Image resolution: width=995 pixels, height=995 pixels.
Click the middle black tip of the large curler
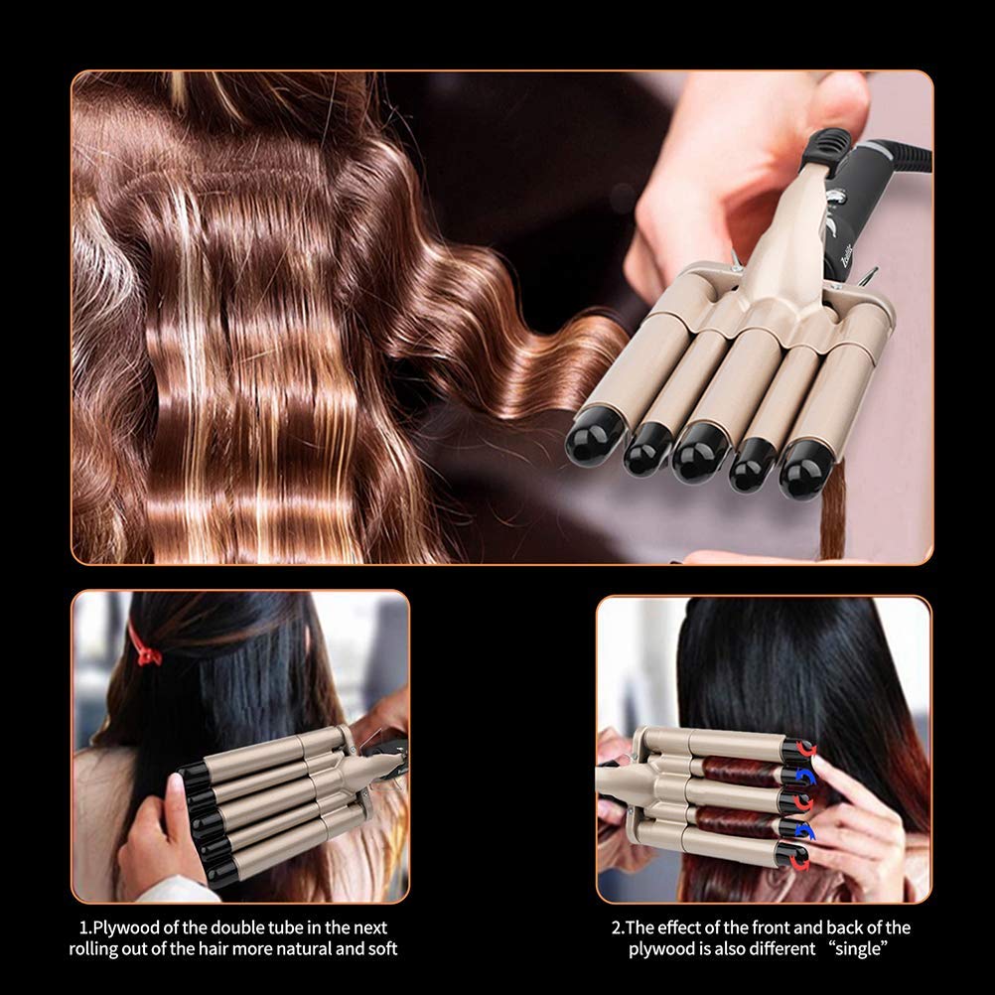pyautogui.click(x=699, y=454)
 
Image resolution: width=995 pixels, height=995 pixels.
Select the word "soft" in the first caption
pyautogui.click(x=379, y=949)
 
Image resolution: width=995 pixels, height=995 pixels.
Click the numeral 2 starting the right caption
pyautogui.click(x=615, y=927)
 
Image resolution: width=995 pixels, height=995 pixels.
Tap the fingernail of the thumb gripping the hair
pyautogui.click(x=175, y=787)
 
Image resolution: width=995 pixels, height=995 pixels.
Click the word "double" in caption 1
pyautogui.click(x=252, y=927)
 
